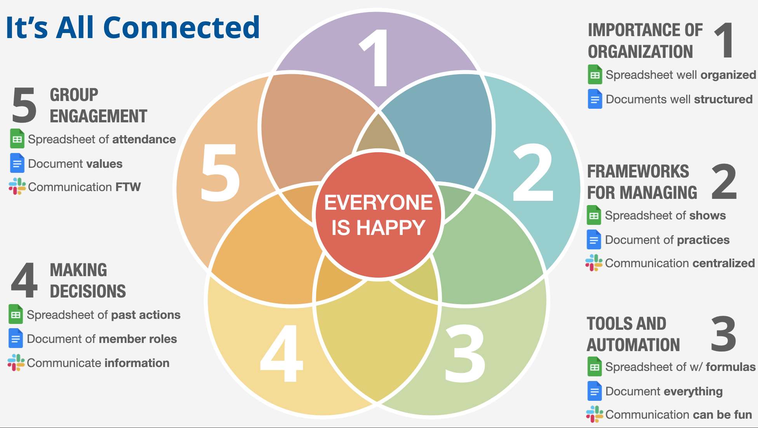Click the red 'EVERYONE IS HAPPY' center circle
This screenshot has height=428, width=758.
click(x=378, y=216)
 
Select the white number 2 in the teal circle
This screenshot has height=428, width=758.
click(x=533, y=173)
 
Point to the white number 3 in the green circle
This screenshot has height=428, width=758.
click(x=465, y=353)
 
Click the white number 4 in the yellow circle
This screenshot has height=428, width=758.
click(x=282, y=353)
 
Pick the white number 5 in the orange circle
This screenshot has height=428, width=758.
click(x=220, y=173)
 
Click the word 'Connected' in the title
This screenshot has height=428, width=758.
click(x=181, y=28)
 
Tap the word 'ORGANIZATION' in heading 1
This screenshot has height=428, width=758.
click(x=640, y=52)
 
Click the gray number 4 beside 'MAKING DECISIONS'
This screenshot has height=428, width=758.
click(x=24, y=280)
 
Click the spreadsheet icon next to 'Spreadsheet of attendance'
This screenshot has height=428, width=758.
click(x=17, y=139)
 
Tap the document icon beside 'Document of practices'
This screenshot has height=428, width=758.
click(x=594, y=240)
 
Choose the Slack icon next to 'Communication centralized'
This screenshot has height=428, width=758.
click(x=594, y=263)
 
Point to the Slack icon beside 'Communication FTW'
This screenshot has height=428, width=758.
click(x=17, y=187)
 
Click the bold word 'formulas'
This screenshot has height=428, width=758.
click(x=730, y=367)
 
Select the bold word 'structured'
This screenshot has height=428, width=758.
click(x=723, y=99)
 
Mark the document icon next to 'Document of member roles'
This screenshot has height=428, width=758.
click(x=16, y=339)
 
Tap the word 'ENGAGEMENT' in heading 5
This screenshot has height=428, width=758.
click(x=98, y=117)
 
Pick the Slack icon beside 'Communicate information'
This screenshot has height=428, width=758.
click(x=16, y=363)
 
